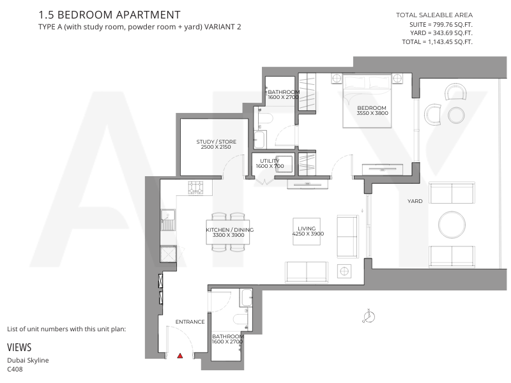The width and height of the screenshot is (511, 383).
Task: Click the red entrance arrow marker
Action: (180, 356)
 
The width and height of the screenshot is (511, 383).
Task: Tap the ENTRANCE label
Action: (190, 322)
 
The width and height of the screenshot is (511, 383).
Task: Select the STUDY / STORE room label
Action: (216, 142)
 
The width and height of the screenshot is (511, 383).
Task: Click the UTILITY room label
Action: (270, 161)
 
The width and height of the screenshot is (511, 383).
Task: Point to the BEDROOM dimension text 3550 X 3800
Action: (372, 114)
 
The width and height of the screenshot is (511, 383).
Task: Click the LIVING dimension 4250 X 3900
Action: (308, 234)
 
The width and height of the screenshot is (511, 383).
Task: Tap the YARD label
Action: (415, 201)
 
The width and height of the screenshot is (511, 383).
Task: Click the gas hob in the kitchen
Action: (195, 188)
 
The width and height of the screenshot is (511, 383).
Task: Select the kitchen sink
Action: (168, 220)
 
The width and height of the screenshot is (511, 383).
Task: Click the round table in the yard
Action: (452, 225)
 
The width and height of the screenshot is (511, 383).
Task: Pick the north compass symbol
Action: (369, 316)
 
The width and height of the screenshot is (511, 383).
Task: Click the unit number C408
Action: (15, 370)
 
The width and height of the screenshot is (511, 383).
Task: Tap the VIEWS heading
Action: (19, 347)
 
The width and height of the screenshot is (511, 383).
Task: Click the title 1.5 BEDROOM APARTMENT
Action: (109, 15)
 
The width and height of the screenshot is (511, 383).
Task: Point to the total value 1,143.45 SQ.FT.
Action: (450, 41)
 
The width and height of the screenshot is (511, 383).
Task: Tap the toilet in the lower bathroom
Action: (241, 319)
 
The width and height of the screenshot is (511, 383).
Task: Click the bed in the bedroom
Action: (367, 101)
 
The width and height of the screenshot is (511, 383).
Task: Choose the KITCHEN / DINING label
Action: (230, 230)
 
